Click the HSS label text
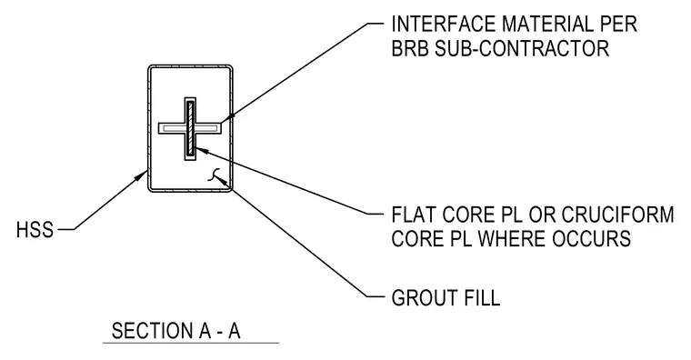[35, 230]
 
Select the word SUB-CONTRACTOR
[522, 48]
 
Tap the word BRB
[410, 48]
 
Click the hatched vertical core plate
[190, 129]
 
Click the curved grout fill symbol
[213, 175]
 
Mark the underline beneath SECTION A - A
[191, 343]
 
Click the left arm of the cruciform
[172, 128]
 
